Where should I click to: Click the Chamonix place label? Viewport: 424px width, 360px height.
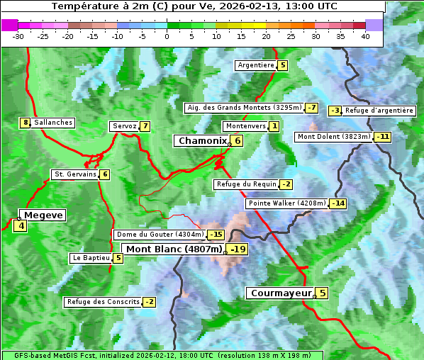click(x=201, y=141)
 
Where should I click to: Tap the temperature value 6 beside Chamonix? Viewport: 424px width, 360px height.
click(x=238, y=141)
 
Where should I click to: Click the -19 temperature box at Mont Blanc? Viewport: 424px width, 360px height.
click(x=238, y=249)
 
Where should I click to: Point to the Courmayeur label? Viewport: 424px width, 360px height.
click(x=281, y=293)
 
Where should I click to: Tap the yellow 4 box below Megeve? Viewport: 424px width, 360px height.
click(x=20, y=226)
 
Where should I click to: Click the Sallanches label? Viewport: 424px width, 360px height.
click(x=52, y=123)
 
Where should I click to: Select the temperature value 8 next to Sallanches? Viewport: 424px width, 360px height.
click(x=26, y=123)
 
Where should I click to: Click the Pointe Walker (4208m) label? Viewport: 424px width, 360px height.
click(x=286, y=203)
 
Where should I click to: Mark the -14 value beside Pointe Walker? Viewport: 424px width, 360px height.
click(x=338, y=203)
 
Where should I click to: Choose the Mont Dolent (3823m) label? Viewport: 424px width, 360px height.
click(x=334, y=136)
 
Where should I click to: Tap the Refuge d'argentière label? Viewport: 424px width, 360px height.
click(x=379, y=111)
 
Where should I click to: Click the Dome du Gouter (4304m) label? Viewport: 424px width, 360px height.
click(x=160, y=235)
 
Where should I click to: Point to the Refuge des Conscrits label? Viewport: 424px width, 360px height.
click(x=103, y=302)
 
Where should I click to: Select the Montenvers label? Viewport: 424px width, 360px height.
click(x=245, y=125)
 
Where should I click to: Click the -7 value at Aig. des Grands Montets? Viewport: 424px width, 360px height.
click(x=311, y=108)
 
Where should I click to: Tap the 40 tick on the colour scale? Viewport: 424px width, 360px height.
click(x=365, y=36)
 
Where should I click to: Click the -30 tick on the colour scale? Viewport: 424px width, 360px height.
click(x=18, y=36)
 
